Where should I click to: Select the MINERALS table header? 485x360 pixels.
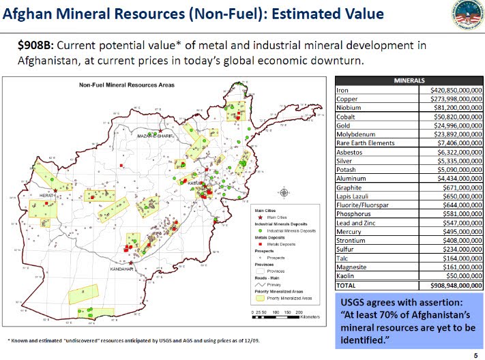point(409,80)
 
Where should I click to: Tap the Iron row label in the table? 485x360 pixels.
point(344,89)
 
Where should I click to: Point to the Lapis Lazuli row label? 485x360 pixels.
point(353,196)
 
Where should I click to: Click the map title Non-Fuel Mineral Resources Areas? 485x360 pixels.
point(126,85)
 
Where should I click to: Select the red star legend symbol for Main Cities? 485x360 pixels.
point(261,217)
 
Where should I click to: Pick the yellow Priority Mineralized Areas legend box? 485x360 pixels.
point(260,298)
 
